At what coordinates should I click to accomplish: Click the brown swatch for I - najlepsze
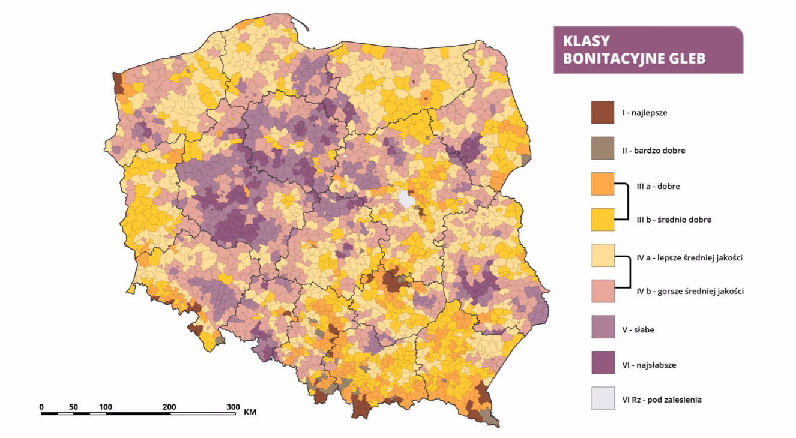603,112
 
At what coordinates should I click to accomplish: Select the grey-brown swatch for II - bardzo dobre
603,150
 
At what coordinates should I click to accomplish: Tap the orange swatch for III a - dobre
603,184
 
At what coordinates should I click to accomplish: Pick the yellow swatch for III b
603,219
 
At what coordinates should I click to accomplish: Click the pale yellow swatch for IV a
603,256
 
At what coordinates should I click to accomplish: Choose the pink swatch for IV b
603,290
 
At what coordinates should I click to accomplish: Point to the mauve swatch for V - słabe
603,329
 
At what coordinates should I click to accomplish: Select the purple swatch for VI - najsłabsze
603,364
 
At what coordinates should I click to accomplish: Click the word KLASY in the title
586,41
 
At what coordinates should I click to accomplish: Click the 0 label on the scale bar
41,407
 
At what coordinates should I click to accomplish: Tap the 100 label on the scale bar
106,407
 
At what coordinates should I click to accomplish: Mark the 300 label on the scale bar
234,407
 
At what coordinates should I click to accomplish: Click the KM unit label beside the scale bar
250,413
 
